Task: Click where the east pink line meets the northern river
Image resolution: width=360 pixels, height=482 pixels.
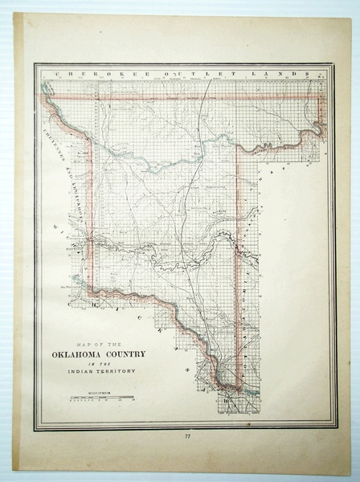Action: click(239, 145)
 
